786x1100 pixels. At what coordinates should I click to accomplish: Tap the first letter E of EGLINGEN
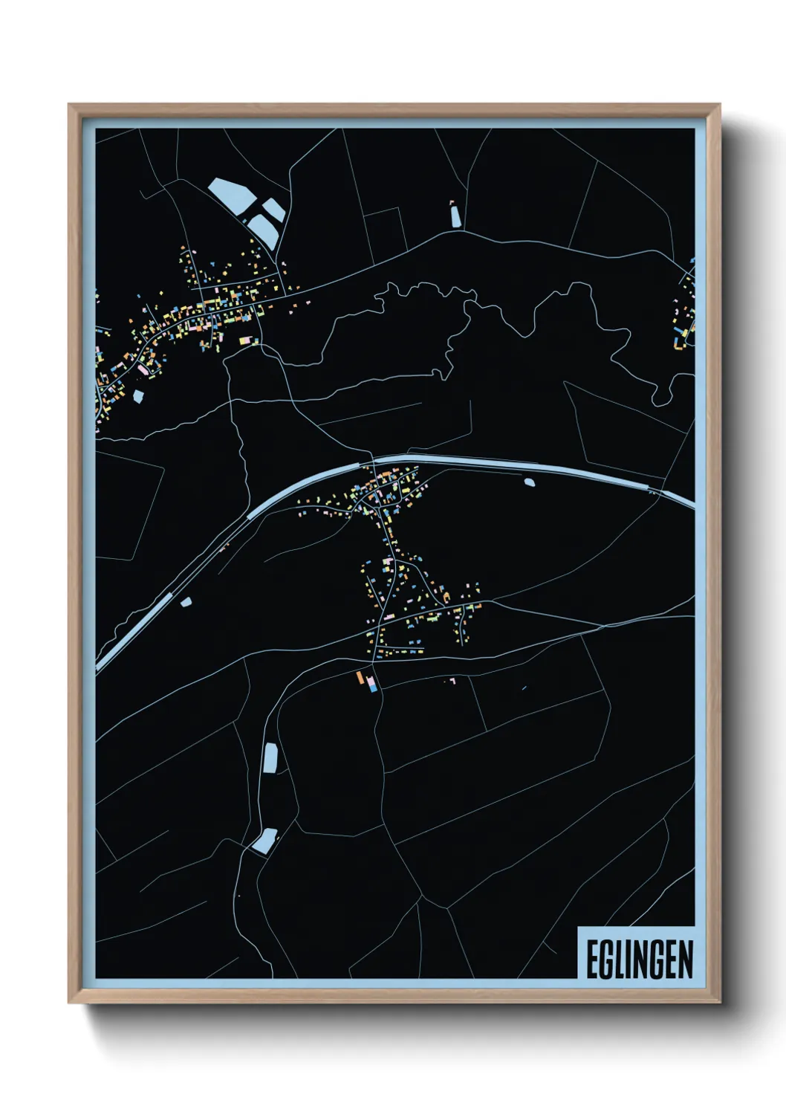click(592, 960)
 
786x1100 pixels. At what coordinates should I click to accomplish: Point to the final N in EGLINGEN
click(685, 960)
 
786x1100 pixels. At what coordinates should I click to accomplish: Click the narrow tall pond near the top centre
click(455, 215)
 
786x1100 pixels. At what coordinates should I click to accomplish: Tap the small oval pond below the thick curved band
click(529, 482)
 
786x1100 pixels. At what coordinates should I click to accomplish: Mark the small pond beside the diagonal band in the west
click(186, 601)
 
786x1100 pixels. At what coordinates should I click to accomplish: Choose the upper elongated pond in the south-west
click(270, 757)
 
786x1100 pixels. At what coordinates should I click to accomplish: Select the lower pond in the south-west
click(264, 841)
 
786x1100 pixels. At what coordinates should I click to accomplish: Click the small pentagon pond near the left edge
click(137, 396)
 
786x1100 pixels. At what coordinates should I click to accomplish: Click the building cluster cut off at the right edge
click(685, 312)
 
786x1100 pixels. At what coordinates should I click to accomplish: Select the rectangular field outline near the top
click(384, 230)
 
